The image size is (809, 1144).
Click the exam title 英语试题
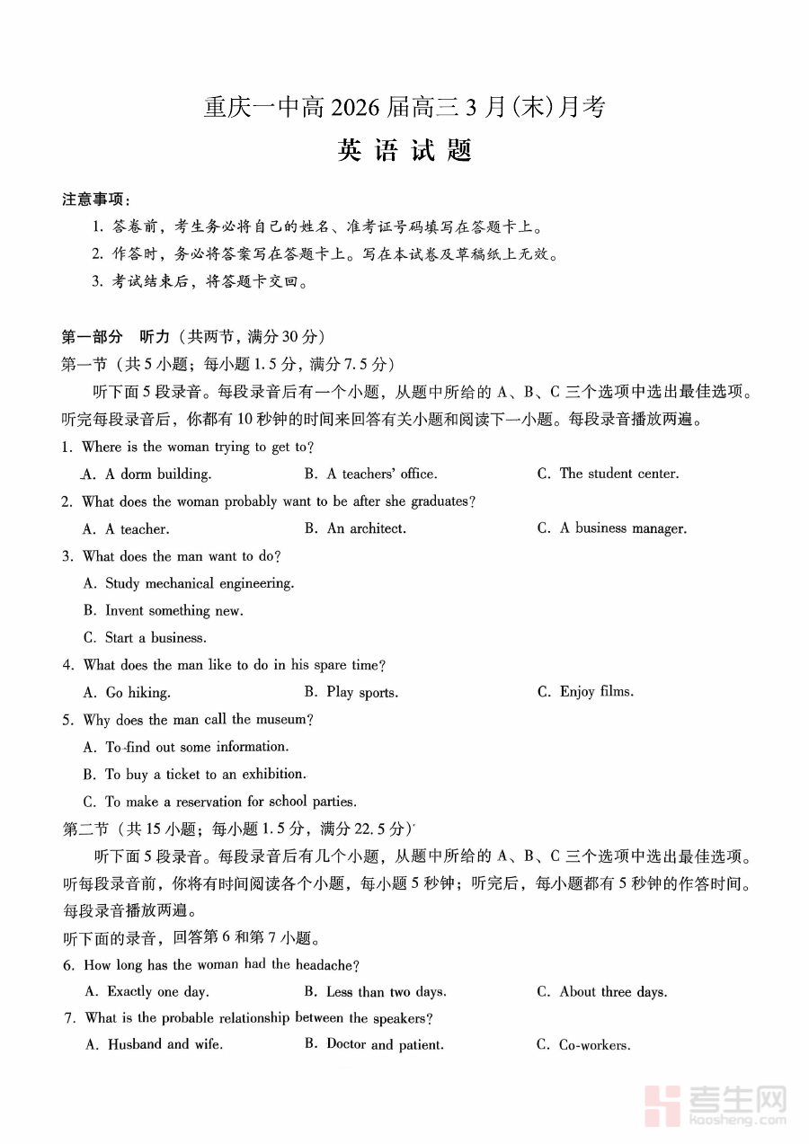(x=404, y=151)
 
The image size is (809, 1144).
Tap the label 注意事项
(x=95, y=199)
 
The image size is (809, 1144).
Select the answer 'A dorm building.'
(x=157, y=474)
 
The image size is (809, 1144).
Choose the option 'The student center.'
(x=618, y=474)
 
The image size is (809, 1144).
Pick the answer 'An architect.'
(x=366, y=528)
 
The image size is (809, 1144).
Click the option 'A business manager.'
(x=622, y=528)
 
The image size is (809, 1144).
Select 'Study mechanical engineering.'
(x=200, y=583)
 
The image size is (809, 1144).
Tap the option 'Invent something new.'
(x=173, y=610)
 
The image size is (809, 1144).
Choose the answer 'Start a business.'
(x=156, y=638)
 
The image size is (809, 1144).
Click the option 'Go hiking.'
(x=138, y=693)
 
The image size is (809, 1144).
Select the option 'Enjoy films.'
(x=596, y=692)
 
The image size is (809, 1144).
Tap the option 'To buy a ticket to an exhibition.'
(x=205, y=774)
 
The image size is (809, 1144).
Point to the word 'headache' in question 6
(x=327, y=965)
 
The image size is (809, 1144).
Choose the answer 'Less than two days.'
(x=386, y=992)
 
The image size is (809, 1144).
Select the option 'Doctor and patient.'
(x=385, y=1044)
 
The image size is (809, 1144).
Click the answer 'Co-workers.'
(x=594, y=1045)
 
